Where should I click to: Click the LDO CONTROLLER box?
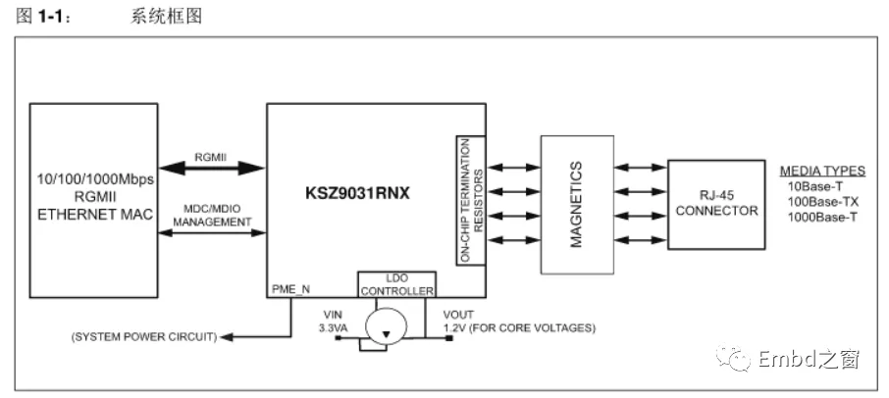click(x=396, y=285)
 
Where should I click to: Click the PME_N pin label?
click(x=290, y=289)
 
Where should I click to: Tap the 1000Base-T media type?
click(x=822, y=217)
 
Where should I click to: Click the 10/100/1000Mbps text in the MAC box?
click(x=94, y=179)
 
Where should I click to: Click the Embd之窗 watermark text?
click(x=809, y=361)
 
